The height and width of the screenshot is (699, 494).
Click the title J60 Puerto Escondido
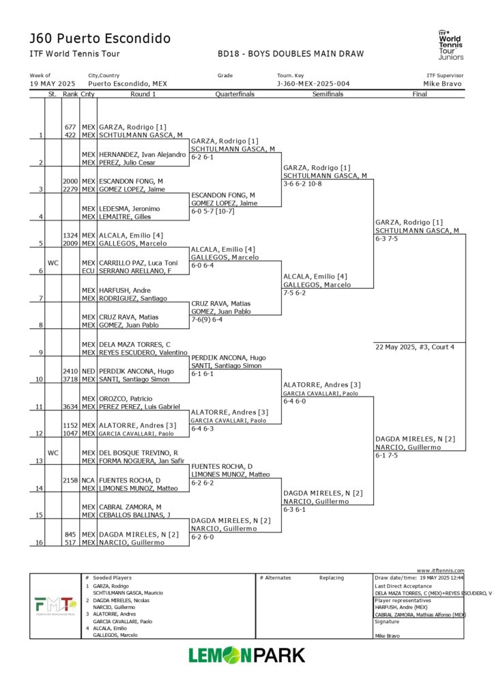tap(100, 38)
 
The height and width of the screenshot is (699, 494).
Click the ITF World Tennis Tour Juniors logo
tap(450, 45)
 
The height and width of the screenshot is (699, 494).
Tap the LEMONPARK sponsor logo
tap(247, 655)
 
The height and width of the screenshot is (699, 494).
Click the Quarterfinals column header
tap(235, 94)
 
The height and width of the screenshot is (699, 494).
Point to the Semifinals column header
tap(328, 94)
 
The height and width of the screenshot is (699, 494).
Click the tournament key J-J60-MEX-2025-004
tap(313, 84)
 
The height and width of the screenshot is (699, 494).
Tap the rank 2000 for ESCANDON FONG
tap(70, 181)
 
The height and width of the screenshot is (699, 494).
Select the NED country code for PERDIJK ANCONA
tap(88, 371)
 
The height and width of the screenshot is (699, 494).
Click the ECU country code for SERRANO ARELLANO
tap(88, 271)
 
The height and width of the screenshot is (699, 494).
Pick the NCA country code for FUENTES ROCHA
tap(88, 480)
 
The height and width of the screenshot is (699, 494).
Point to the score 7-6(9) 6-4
tap(211, 319)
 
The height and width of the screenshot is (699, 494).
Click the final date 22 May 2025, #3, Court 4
tap(415, 347)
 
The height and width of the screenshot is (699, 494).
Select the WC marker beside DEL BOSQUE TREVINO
tap(53, 453)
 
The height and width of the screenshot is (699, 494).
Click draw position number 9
tap(41, 352)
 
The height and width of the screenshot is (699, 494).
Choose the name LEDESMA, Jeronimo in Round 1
tap(130, 208)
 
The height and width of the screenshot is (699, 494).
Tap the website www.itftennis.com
tap(440, 571)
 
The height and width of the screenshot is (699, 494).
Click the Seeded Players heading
tap(113, 577)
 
